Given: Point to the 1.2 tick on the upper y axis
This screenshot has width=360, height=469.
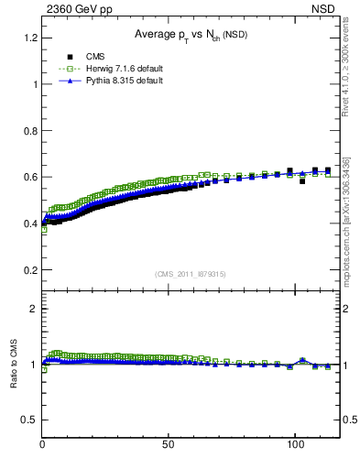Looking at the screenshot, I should pos(30,38).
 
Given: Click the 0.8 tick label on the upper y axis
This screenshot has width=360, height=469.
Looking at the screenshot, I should pos(30,131).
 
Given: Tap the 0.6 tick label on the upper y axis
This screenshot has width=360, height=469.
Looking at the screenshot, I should pos(30,178).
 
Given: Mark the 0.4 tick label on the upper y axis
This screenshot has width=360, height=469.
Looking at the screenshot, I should pos(30,224).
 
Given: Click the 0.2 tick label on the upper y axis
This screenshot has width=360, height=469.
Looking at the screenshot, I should pos(30,271).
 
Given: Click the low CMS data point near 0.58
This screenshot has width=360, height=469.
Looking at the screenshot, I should pos(302,181).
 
